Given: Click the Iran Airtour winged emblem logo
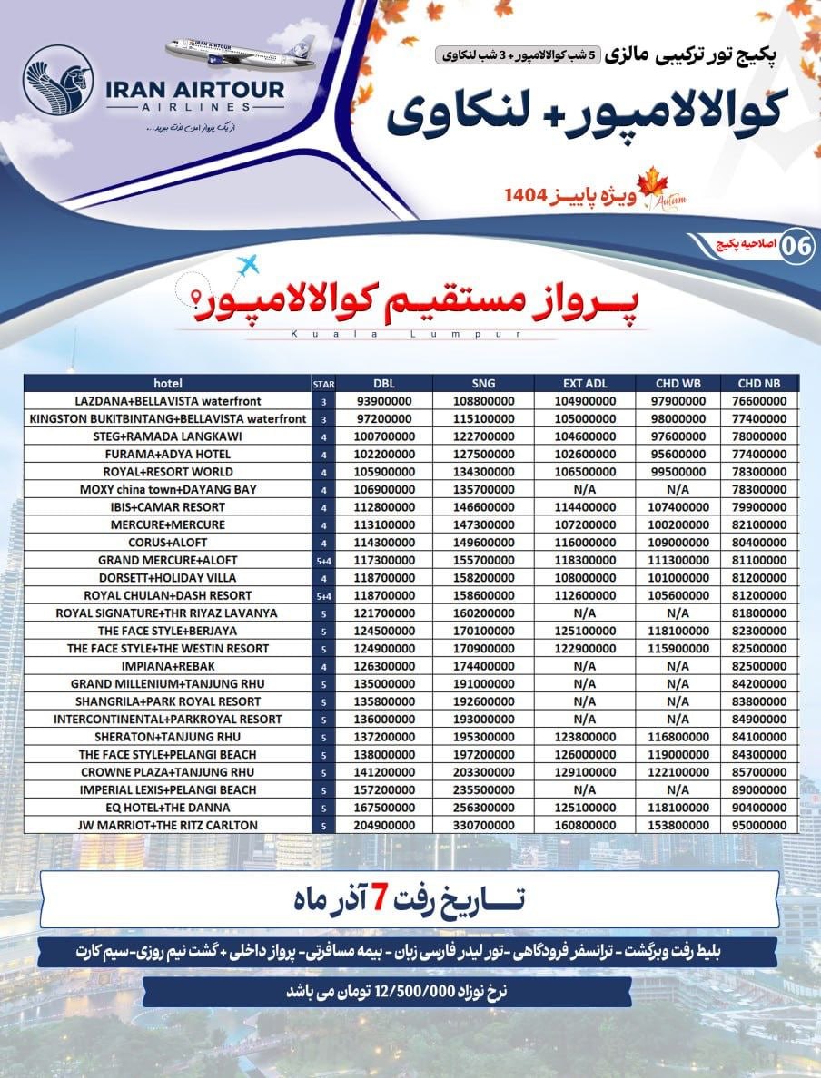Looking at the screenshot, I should point(59,80).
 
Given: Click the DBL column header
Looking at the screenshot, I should point(385,383).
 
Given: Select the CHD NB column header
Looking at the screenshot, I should point(757,383).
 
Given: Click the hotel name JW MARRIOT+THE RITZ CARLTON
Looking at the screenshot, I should point(168,825).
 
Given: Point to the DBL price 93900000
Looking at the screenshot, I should point(385,401).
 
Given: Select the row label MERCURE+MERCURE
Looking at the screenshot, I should point(168,524).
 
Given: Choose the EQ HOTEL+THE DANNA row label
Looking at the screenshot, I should point(168,808).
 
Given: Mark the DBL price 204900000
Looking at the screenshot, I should point(385,825).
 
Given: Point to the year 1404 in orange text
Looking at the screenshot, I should point(528,193).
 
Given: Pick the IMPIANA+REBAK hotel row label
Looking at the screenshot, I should point(168,666).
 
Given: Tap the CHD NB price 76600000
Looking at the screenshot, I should point(757,401).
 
